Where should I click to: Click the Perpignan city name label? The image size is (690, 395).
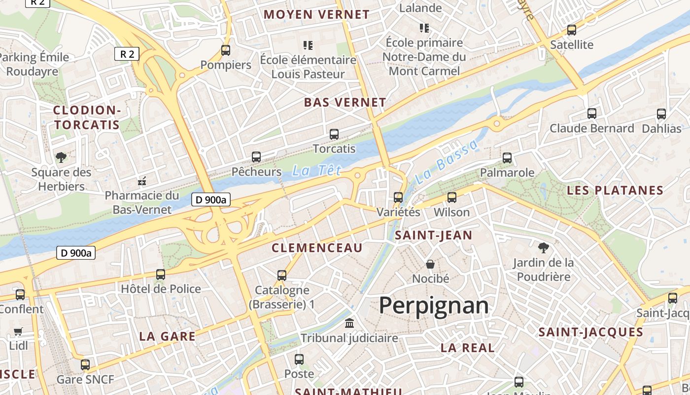pos(434,306)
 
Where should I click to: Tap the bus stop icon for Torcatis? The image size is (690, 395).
pos(334,134)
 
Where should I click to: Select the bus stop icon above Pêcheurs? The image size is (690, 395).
pos(256,157)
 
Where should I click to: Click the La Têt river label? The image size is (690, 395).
pos(316,171)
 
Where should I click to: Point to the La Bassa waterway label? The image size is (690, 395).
pos(447,162)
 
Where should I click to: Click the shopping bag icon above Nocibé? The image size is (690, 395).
pos(430,264)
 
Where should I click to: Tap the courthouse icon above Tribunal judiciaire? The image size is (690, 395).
pos(349,323)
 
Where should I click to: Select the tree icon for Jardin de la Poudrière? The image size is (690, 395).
pos(544,247)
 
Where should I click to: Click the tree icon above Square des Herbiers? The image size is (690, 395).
pos(61,158)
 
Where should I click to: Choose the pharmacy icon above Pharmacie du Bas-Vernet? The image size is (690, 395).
pos(142,181)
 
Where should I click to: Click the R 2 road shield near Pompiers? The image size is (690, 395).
pos(127,54)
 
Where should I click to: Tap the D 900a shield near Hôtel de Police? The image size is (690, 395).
pos(76,253)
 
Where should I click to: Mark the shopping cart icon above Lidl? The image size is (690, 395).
pos(18,331)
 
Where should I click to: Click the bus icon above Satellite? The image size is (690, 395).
pos(572,30)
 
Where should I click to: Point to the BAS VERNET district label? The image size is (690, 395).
pos(345,103)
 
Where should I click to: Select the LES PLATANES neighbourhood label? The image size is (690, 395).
pos(615,191)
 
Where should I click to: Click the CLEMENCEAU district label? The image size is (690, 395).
pos(317,248)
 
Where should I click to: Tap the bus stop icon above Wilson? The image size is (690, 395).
pos(451,197)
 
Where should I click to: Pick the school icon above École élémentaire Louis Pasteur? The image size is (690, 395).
pos(308,45)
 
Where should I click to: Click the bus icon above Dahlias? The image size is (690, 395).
pos(661,114)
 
